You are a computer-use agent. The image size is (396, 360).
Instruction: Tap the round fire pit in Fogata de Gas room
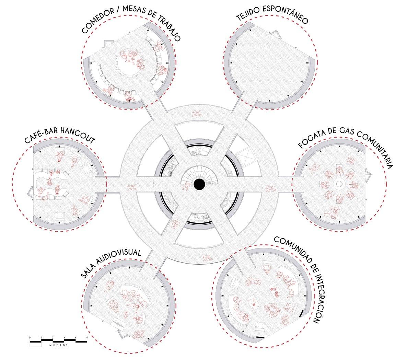tap(338, 184)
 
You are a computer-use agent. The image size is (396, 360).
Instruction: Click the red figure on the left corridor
tap(131, 187)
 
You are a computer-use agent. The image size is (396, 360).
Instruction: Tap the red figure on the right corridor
tap(270, 188)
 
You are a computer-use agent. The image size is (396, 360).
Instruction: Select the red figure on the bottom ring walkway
tap(207, 258)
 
